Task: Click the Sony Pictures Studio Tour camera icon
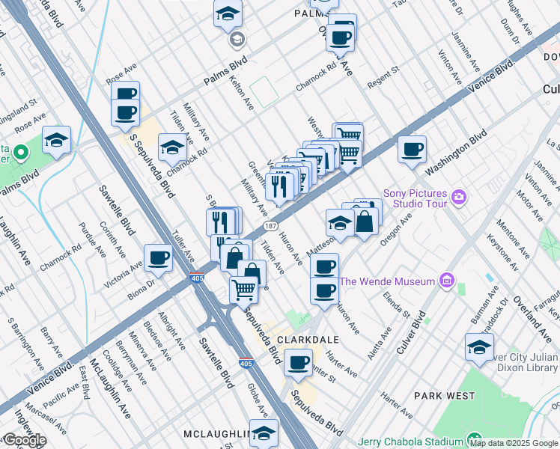point(459,198)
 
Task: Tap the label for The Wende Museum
point(387,281)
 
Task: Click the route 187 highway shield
point(271,225)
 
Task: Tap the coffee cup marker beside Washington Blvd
point(412,150)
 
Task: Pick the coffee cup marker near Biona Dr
point(158,258)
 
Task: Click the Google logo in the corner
point(24,440)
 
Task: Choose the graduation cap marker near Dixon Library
point(479,347)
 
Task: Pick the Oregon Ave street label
point(396,229)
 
